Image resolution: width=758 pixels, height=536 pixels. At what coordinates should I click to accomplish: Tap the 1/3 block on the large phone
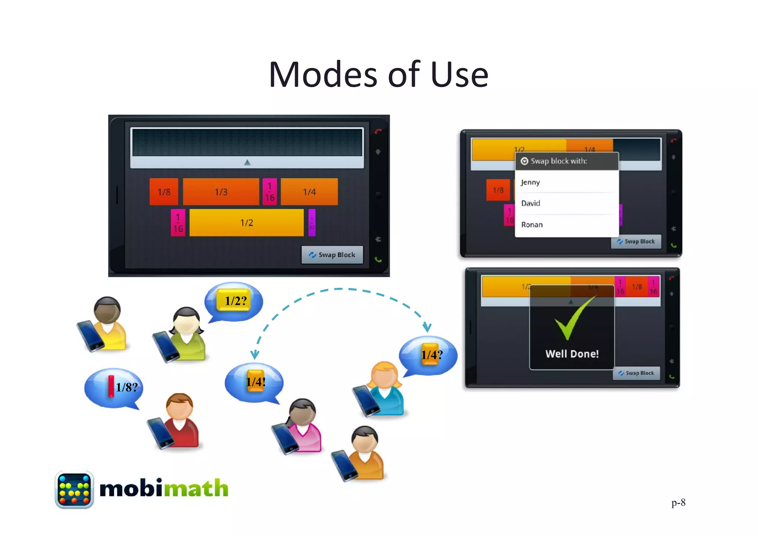[x=221, y=192]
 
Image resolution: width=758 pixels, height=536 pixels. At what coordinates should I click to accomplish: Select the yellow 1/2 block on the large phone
[x=246, y=222]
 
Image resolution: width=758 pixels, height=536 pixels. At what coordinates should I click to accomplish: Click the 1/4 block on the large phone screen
[x=309, y=192]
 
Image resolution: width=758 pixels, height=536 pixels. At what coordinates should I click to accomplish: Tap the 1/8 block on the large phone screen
[x=164, y=192]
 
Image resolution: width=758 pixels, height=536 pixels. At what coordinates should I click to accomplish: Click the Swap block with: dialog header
[x=567, y=161]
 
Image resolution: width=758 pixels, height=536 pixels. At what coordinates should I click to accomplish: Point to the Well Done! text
[x=572, y=354]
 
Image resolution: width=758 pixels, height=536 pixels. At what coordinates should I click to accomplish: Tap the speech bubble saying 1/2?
[x=234, y=301]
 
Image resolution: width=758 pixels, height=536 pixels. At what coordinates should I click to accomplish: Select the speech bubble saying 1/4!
[x=255, y=382]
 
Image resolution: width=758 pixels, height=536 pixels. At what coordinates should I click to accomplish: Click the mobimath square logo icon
[x=74, y=489]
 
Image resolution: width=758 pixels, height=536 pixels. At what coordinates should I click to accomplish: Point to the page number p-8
[x=678, y=503]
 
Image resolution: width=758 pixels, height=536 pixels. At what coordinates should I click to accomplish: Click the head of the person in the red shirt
[x=179, y=406]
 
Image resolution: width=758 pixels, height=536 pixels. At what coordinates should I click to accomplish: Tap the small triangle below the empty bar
[x=247, y=162]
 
